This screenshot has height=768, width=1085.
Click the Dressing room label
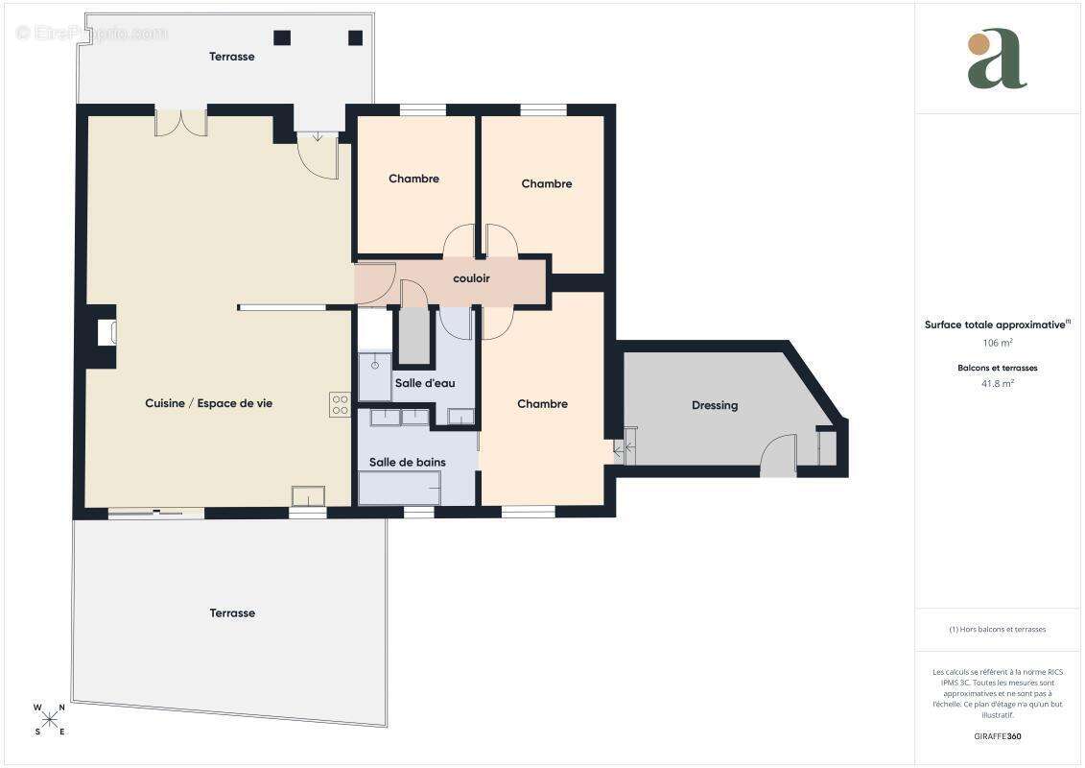714,405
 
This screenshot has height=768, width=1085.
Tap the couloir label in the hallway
471,278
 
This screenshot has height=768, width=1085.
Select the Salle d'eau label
425,383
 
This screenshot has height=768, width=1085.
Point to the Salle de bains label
407,462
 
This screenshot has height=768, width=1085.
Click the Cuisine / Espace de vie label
208,403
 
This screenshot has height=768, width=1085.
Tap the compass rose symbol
50,719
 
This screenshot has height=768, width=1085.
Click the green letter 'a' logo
997,59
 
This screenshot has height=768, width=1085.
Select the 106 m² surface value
998,343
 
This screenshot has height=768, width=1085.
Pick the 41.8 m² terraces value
998,383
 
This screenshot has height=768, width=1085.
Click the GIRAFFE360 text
997,736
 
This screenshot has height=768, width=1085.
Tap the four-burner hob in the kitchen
340,404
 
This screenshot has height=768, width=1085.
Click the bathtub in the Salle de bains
400,488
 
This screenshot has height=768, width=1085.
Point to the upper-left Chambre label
413,179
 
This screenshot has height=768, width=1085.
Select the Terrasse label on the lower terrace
232,612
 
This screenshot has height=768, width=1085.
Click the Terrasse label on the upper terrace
232,56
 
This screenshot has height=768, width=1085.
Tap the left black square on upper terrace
282,37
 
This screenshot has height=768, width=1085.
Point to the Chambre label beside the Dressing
543,404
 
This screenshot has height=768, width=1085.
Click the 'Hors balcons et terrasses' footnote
997,630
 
